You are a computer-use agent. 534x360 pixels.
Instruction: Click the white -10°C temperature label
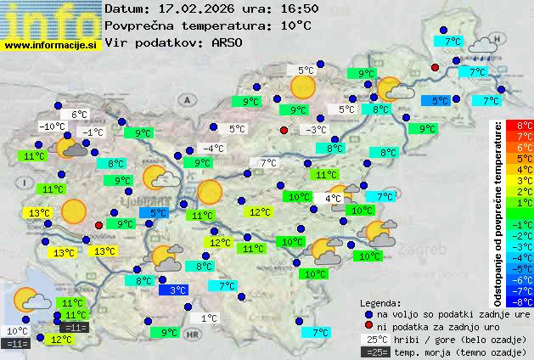pyautogui.click(x=52, y=127)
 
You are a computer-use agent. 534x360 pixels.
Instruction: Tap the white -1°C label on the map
pyautogui.click(x=92, y=132)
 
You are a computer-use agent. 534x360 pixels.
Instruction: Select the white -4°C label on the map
pyautogui.click(x=213, y=149)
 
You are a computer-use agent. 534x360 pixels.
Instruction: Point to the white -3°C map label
pyautogui.click(x=316, y=130)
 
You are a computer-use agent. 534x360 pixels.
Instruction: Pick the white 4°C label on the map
pyautogui.click(x=333, y=198)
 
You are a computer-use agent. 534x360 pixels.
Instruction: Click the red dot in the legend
pyautogui.click(x=368, y=326)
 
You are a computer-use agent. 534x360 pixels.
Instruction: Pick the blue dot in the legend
pyautogui.click(x=368, y=313)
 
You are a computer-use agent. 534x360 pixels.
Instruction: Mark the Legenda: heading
pyautogui.click(x=380, y=302)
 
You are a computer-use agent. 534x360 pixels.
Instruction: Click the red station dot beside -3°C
pyautogui.click(x=284, y=130)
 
